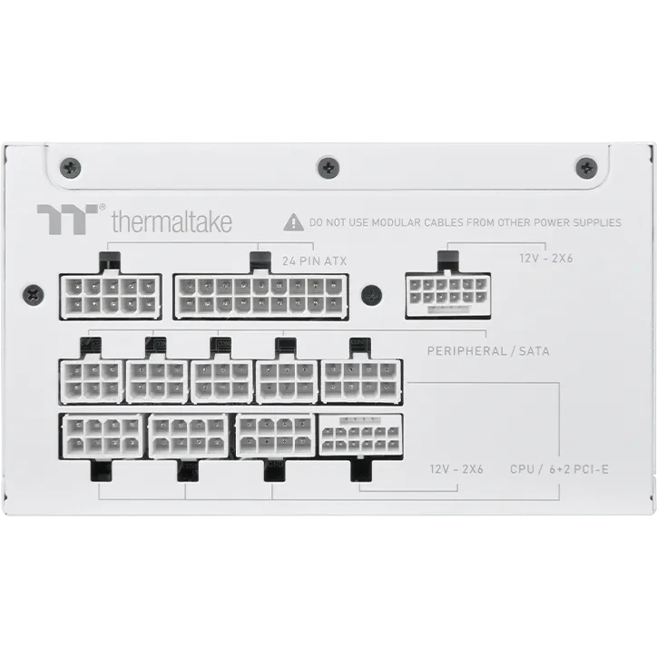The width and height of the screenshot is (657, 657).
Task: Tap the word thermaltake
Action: pyautogui.click(x=172, y=221)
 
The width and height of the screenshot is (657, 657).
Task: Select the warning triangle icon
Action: pyautogui.click(x=293, y=221)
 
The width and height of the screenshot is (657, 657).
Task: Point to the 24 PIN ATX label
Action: pyautogui.click(x=314, y=261)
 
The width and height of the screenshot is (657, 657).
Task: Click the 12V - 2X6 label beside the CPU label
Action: pyautogui.click(x=457, y=469)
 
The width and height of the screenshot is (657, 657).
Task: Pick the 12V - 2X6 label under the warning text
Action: pyautogui.click(x=546, y=258)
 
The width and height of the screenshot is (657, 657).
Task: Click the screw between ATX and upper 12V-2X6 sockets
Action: pyautogui.click(x=369, y=295)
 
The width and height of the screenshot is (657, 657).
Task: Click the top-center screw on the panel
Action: pyautogui.click(x=328, y=166)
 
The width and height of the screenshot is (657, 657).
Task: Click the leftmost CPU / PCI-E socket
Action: pyautogui.click(x=102, y=437)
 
